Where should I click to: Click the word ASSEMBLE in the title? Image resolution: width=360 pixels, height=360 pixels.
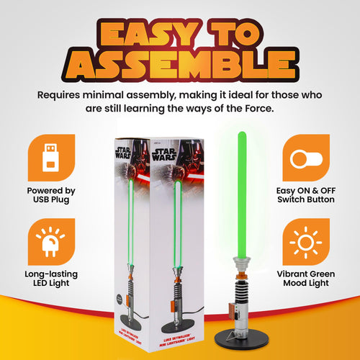(180, 65)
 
